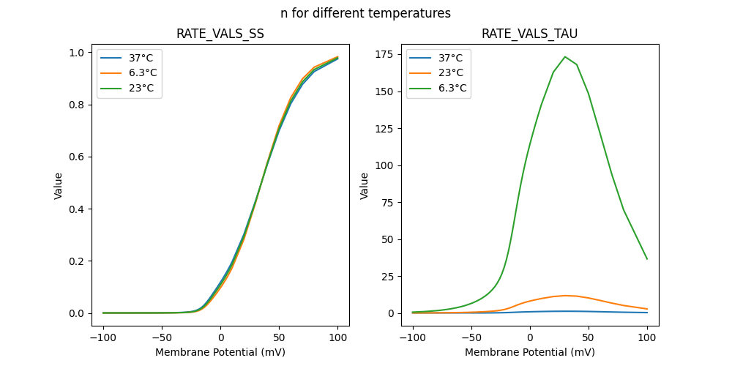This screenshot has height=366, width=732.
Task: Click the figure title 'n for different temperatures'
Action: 365,13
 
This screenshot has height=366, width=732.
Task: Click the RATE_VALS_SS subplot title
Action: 220,34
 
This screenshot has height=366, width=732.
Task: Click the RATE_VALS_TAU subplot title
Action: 529,34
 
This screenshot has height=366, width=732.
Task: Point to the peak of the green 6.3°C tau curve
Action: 565,56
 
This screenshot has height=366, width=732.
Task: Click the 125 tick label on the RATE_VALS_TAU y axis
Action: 387,91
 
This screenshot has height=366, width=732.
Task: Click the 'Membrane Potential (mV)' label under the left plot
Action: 220,352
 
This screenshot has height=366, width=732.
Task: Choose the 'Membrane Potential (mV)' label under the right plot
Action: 529,352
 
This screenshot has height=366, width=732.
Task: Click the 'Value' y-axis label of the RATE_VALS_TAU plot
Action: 365,186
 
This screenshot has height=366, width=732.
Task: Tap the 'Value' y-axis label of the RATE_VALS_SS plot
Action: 59,186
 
